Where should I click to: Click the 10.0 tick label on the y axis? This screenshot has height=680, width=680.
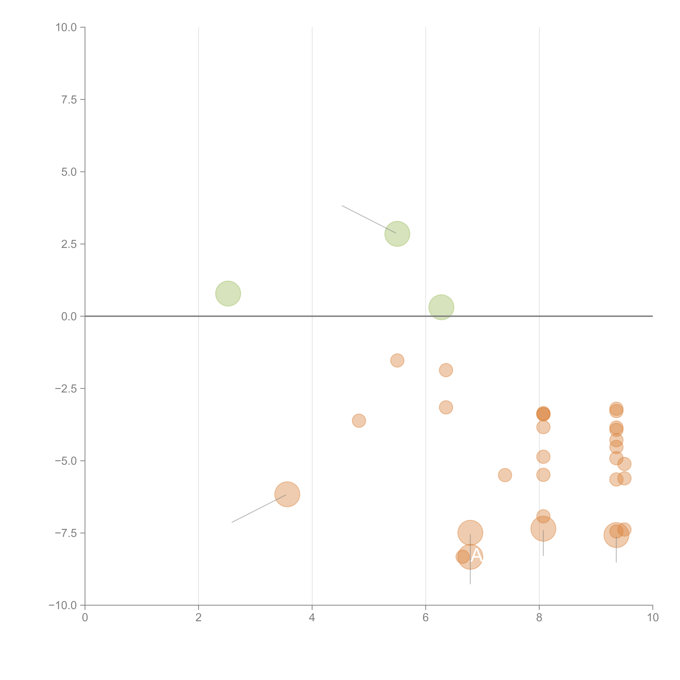point(66,27)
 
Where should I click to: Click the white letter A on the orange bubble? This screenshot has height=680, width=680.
point(477,555)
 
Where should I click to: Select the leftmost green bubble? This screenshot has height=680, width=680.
point(228,293)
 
